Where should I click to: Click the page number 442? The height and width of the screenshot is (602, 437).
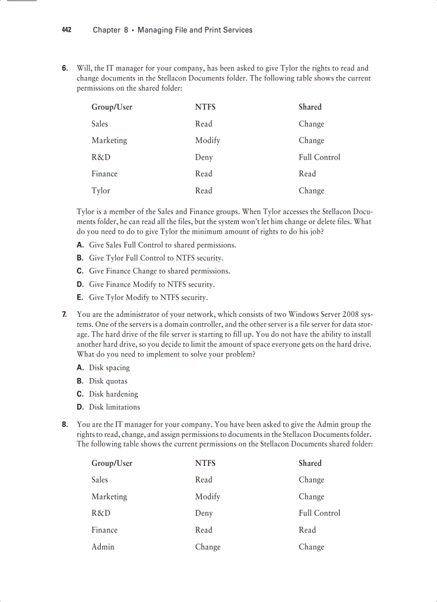tap(66, 30)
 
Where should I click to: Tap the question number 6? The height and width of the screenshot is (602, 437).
tap(65, 68)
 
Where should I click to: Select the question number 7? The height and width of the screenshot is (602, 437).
tap(65, 314)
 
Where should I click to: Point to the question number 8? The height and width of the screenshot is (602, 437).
tap(65, 425)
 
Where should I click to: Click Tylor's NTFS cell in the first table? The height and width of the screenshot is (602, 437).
tap(204, 190)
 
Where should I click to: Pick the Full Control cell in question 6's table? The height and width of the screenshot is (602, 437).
tap(319, 157)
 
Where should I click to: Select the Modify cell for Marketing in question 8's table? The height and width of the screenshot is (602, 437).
tap(207, 496)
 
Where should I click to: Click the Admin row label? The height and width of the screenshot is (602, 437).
tap(103, 547)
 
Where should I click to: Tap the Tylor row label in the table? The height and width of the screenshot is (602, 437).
tap(101, 190)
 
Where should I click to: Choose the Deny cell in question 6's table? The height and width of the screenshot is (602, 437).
tap(204, 157)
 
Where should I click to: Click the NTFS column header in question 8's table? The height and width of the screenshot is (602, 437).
tap(205, 463)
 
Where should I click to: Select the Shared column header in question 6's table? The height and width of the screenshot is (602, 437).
tap(310, 107)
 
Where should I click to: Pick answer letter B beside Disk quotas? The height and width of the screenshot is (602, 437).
tap(80, 381)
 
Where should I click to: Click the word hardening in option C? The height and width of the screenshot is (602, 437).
tap(122, 394)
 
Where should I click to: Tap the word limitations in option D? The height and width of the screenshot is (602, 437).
tap(123, 407)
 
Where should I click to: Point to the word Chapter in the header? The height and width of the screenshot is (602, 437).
tap(107, 30)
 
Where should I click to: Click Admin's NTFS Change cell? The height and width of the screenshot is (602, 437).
tap(208, 547)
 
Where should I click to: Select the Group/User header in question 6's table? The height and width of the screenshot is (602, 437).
tap(112, 107)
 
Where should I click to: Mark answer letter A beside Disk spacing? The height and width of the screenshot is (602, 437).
tap(80, 368)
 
